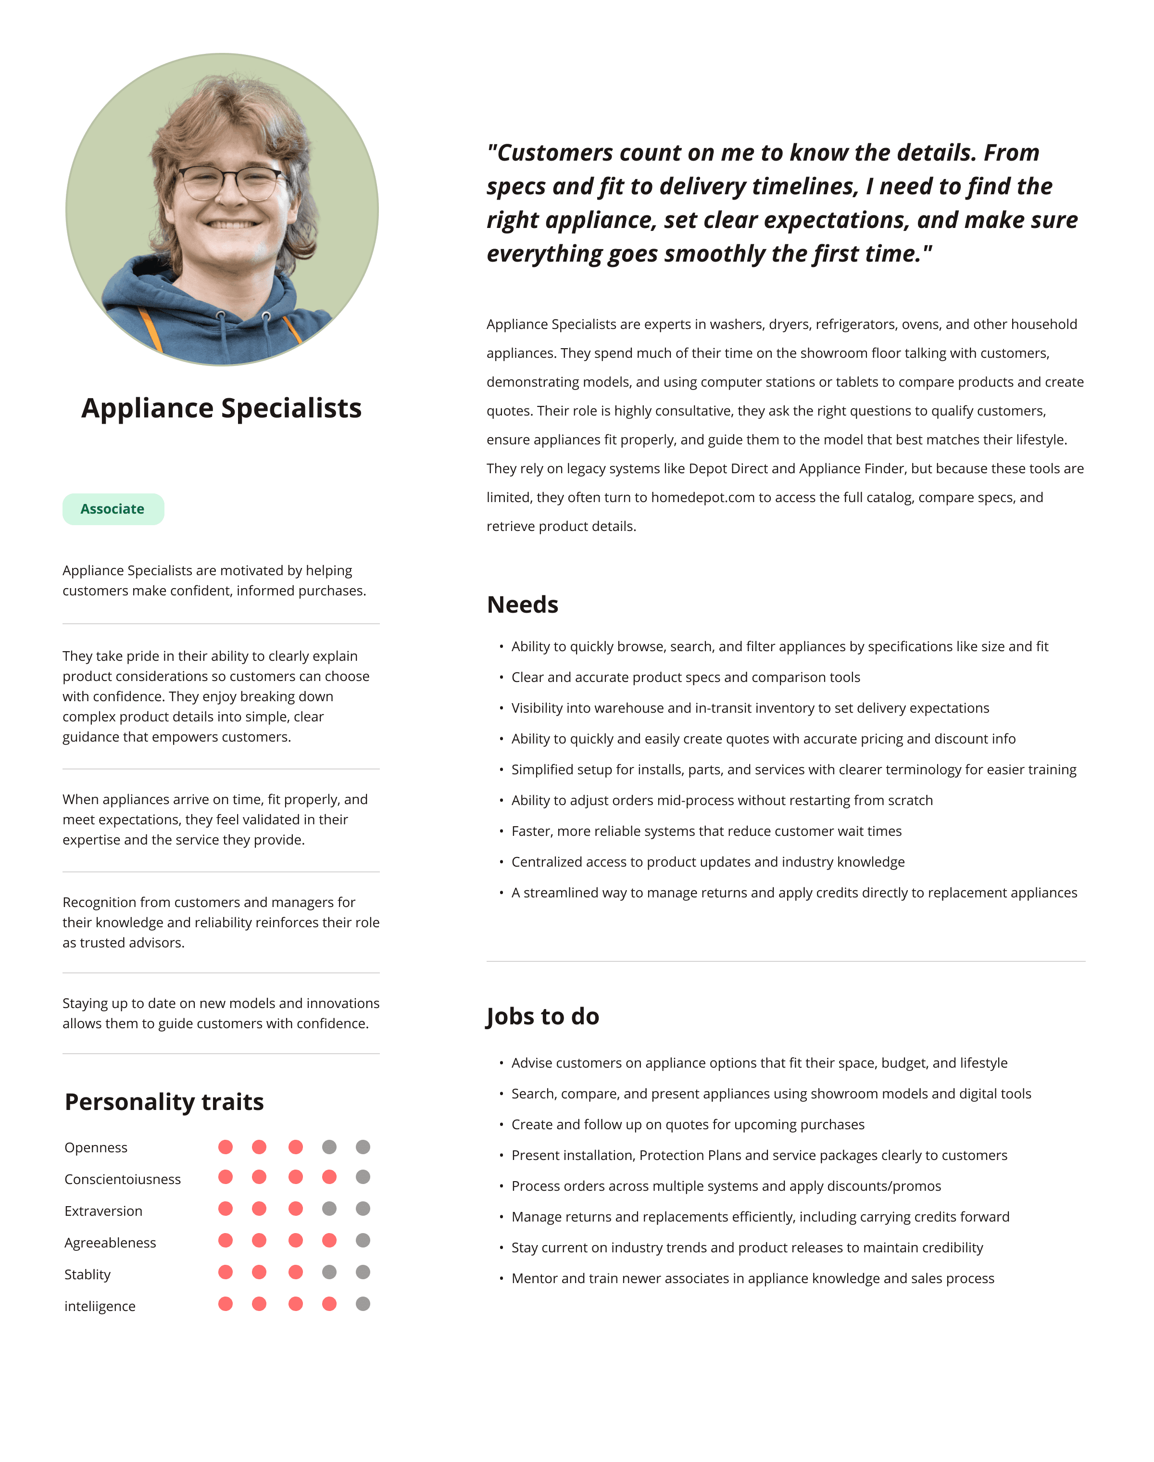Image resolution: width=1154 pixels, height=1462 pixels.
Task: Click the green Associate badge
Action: (x=113, y=509)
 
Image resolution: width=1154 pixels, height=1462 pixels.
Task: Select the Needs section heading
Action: (x=522, y=604)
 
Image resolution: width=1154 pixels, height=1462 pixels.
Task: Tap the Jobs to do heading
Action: (x=542, y=1016)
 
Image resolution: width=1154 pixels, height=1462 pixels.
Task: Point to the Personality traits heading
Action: (x=164, y=1101)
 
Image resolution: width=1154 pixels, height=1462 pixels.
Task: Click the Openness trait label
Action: (x=96, y=1147)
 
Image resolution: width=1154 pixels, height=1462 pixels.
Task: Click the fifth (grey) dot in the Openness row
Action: (x=363, y=1147)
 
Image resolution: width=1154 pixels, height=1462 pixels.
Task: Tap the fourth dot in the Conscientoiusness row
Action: (x=329, y=1177)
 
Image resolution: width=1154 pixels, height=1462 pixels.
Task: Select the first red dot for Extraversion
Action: (x=226, y=1209)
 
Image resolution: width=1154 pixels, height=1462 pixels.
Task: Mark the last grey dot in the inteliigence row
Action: (x=363, y=1304)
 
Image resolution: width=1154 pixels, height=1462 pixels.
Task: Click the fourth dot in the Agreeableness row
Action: (x=329, y=1240)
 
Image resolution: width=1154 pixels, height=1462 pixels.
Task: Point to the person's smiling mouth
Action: (x=232, y=224)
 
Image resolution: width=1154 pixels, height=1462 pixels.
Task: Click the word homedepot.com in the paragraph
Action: (x=702, y=497)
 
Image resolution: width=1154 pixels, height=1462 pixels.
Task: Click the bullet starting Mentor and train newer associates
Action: (x=752, y=1278)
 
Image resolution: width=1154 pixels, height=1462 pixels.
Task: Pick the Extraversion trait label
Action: (x=103, y=1210)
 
